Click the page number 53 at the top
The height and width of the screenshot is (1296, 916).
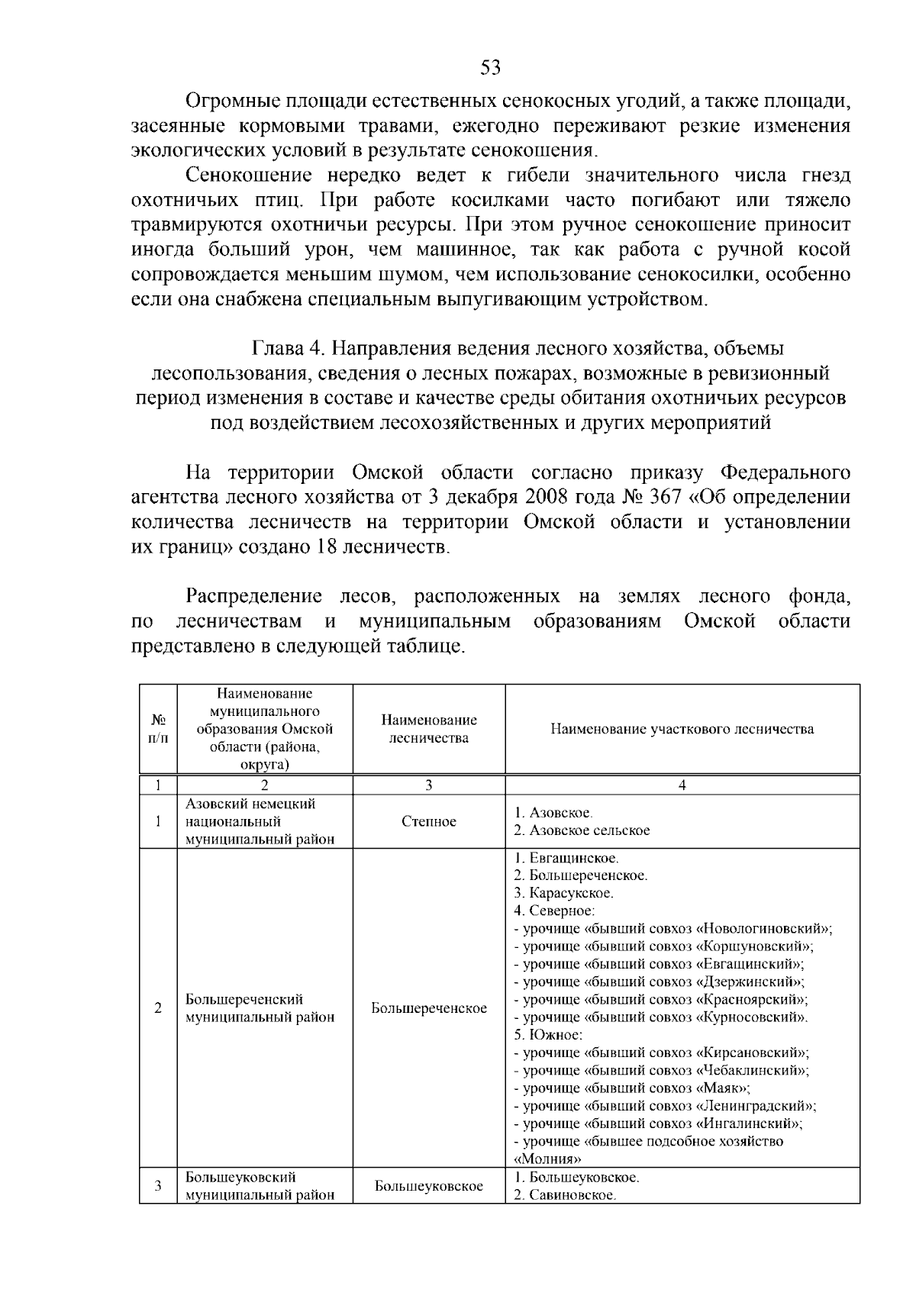point(491,68)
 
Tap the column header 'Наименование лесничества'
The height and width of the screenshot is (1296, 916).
point(428,729)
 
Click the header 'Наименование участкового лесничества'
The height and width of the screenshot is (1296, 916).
point(682,729)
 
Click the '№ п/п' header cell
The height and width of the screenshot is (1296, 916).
point(158,729)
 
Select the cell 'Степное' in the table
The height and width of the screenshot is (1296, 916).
point(428,821)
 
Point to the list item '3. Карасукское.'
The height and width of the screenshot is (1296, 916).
point(563,892)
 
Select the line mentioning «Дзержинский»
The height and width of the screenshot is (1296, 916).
point(660,982)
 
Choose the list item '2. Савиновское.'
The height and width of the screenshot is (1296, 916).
point(564,1194)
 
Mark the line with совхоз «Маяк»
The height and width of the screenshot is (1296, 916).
point(634,1088)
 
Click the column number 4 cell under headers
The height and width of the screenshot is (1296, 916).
point(682,785)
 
